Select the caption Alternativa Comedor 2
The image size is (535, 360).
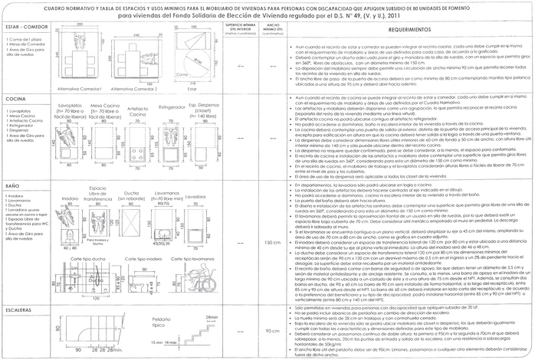(x=136, y=89)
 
